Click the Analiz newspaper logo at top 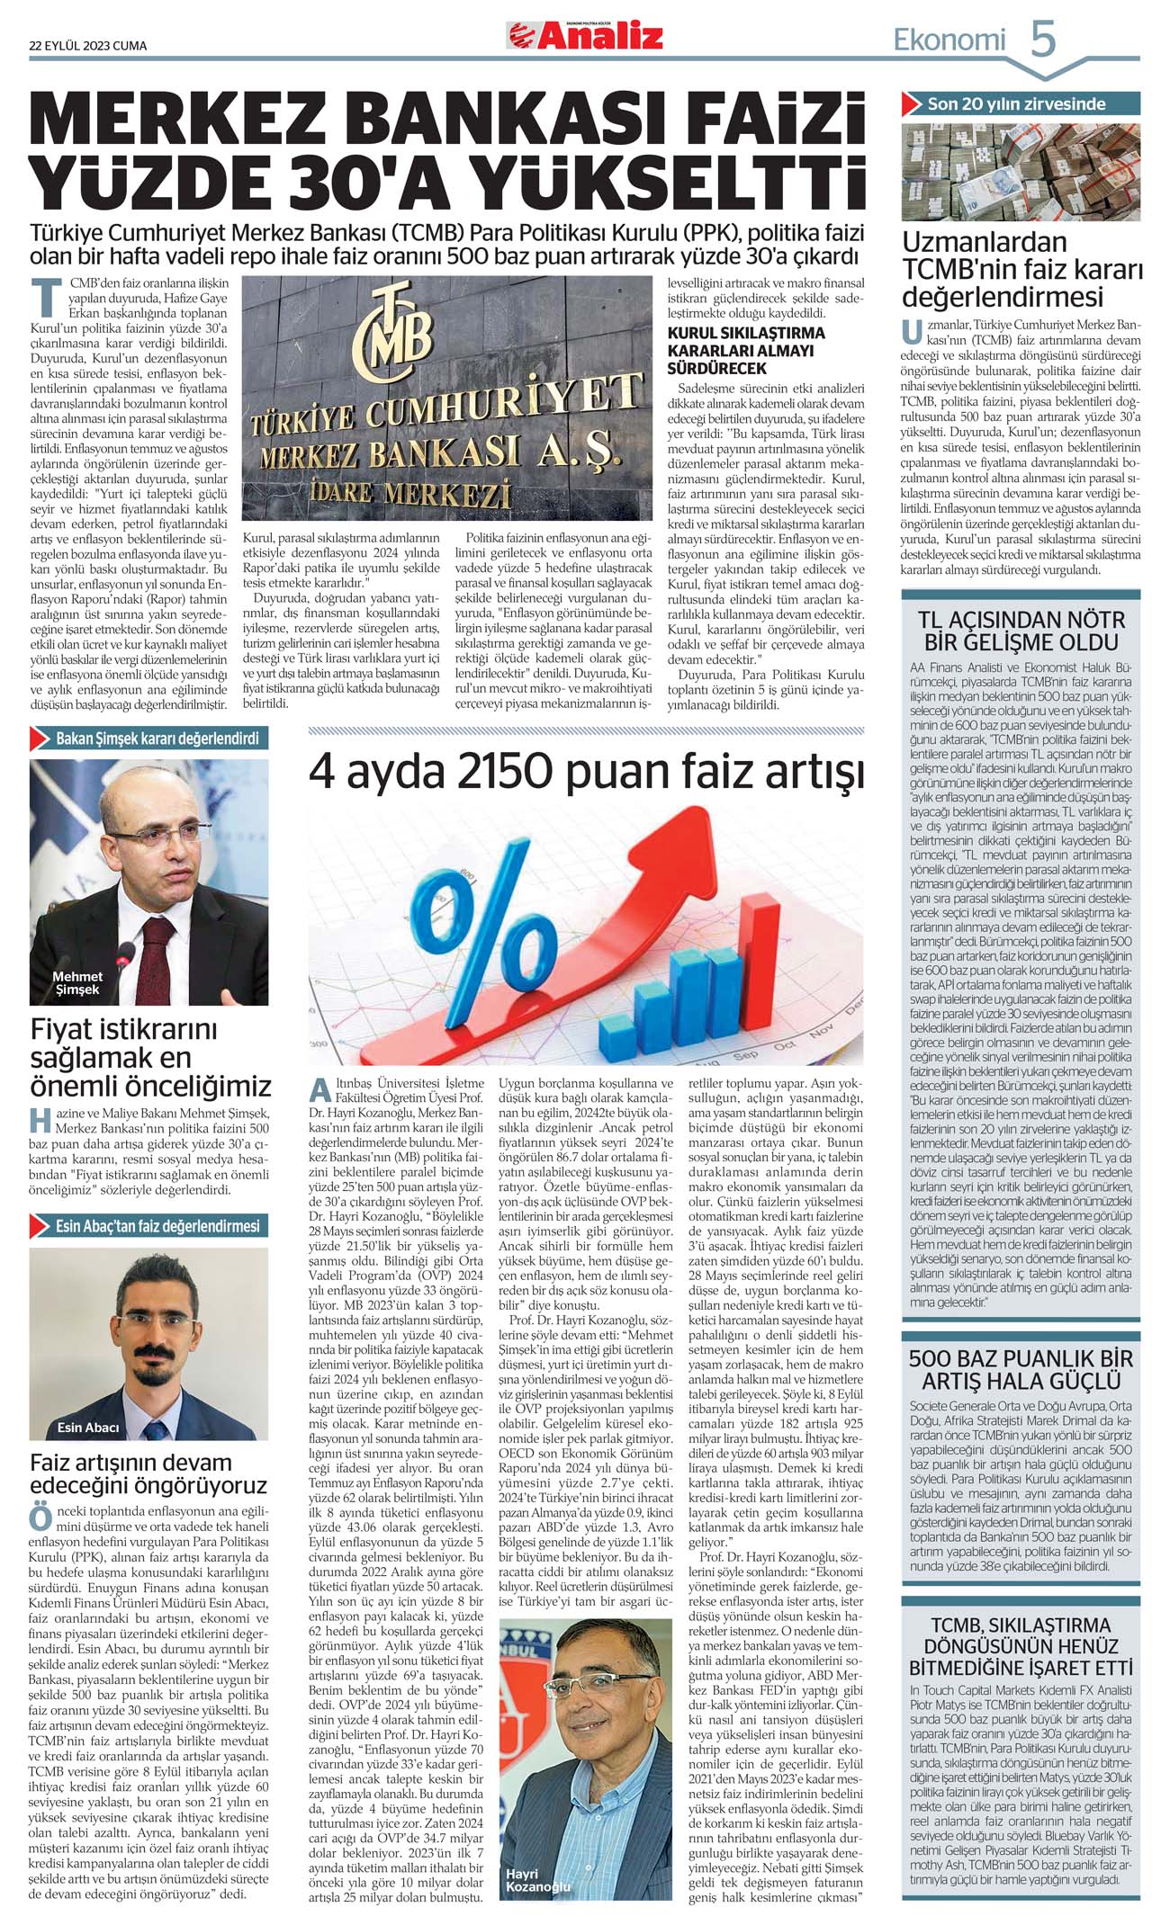585,36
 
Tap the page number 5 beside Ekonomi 1042,40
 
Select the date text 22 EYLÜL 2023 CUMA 87,46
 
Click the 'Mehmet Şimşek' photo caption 77,982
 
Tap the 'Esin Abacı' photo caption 87,1428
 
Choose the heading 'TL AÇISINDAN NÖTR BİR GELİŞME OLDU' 1021,631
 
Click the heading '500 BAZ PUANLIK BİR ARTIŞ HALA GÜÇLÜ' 1021,1369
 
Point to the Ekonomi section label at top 949,40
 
